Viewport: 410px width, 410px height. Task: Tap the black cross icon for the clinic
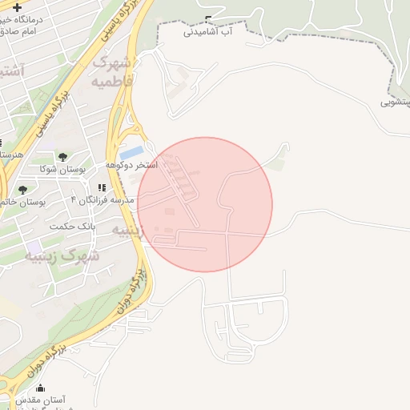[17, 7]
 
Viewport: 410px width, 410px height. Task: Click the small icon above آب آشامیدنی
[208, 18]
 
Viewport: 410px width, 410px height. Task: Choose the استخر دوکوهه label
[132, 165]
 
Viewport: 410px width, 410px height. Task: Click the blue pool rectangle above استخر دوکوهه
[131, 151]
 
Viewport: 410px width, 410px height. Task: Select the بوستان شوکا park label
[62, 170]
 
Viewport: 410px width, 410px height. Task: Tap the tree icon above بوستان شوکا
[62, 156]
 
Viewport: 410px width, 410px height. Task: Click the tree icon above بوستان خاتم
[21, 190]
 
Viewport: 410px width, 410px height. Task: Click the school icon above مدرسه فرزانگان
[102, 187]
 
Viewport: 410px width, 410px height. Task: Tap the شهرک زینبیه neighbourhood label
[62, 256]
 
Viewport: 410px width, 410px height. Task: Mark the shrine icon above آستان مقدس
[41, 388]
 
